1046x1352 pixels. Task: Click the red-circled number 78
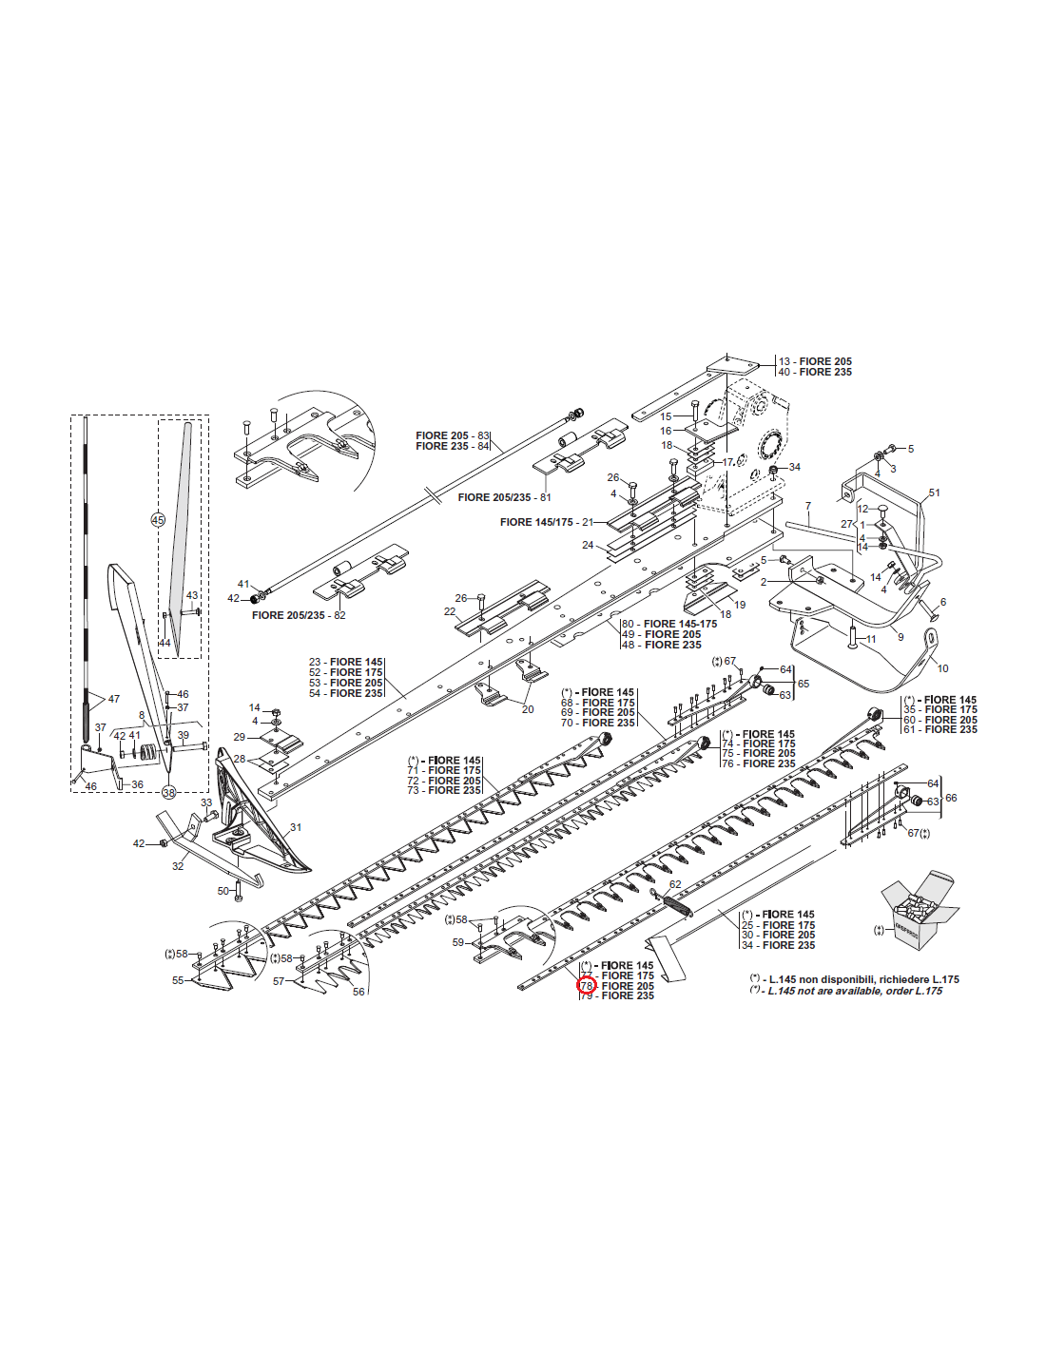coord(587,986)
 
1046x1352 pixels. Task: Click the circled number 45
coord(158,519)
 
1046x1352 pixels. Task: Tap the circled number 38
coord(168,792)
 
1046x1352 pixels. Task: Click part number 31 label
coord(296,827)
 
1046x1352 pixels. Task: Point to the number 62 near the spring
coord(675,884)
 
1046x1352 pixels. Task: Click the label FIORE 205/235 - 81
coord(504,497)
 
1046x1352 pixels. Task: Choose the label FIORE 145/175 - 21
coord(547,522)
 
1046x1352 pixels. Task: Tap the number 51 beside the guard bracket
coord(935,493)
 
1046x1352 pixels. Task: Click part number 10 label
coord(942,668)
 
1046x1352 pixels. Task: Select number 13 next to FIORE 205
coord(784,361)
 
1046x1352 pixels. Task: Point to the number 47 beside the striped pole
coord(114,699)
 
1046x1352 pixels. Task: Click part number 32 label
coord(178,865)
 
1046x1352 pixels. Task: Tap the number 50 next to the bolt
coord(223,891)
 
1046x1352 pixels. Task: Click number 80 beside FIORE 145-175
coord(628,624)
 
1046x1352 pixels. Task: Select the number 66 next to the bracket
coord(951,798)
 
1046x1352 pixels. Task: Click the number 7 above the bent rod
coord(808,506)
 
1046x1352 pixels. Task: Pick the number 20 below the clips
coord(528,709)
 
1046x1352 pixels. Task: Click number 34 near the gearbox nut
coord(795,467)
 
